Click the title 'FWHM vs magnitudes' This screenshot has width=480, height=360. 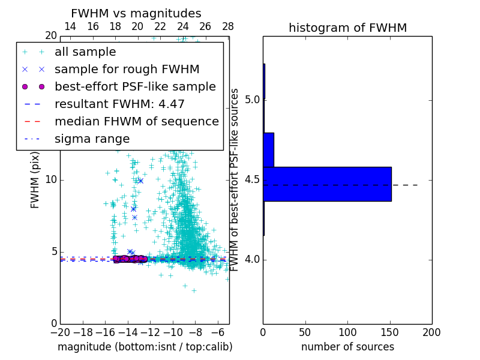coord(136,14)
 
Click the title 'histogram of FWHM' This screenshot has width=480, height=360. coord(347,28)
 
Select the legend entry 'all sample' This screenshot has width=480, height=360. coord(85,52)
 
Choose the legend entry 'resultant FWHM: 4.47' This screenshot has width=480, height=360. coord(119,104)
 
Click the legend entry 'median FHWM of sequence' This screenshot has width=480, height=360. coord(136,122)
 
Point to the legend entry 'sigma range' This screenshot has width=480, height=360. coord(92,139)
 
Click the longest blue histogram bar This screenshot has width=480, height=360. coord(327,184)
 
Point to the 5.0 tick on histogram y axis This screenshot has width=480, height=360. coord(251,100)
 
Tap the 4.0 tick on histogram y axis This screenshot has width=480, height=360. coord(251,260)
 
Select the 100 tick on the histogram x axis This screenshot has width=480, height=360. coord(347,332)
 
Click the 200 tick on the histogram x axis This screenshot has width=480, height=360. coord(431,332)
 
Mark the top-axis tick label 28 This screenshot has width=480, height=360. coord(227,26)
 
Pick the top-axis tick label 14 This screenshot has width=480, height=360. coord(70,26)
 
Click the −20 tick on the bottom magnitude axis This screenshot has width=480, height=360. coord(60,332)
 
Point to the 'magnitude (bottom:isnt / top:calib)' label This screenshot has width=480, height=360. coord(145,347)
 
